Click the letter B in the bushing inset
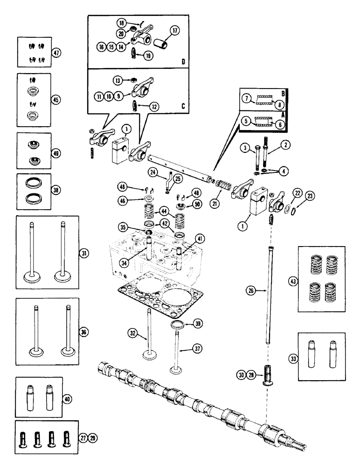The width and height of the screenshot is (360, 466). tap(283, 92)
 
